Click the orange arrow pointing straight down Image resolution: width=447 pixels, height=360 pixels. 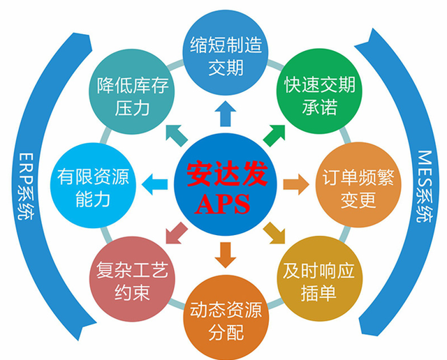(x=223, y=254)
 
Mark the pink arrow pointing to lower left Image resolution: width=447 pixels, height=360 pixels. (x=173, y=235)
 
